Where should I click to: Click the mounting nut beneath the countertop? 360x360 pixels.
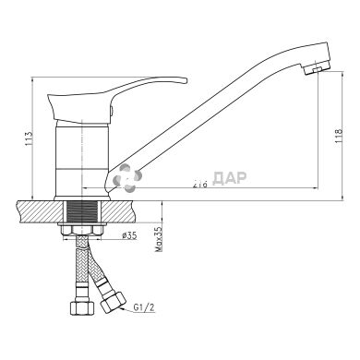[x=85, y=225]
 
